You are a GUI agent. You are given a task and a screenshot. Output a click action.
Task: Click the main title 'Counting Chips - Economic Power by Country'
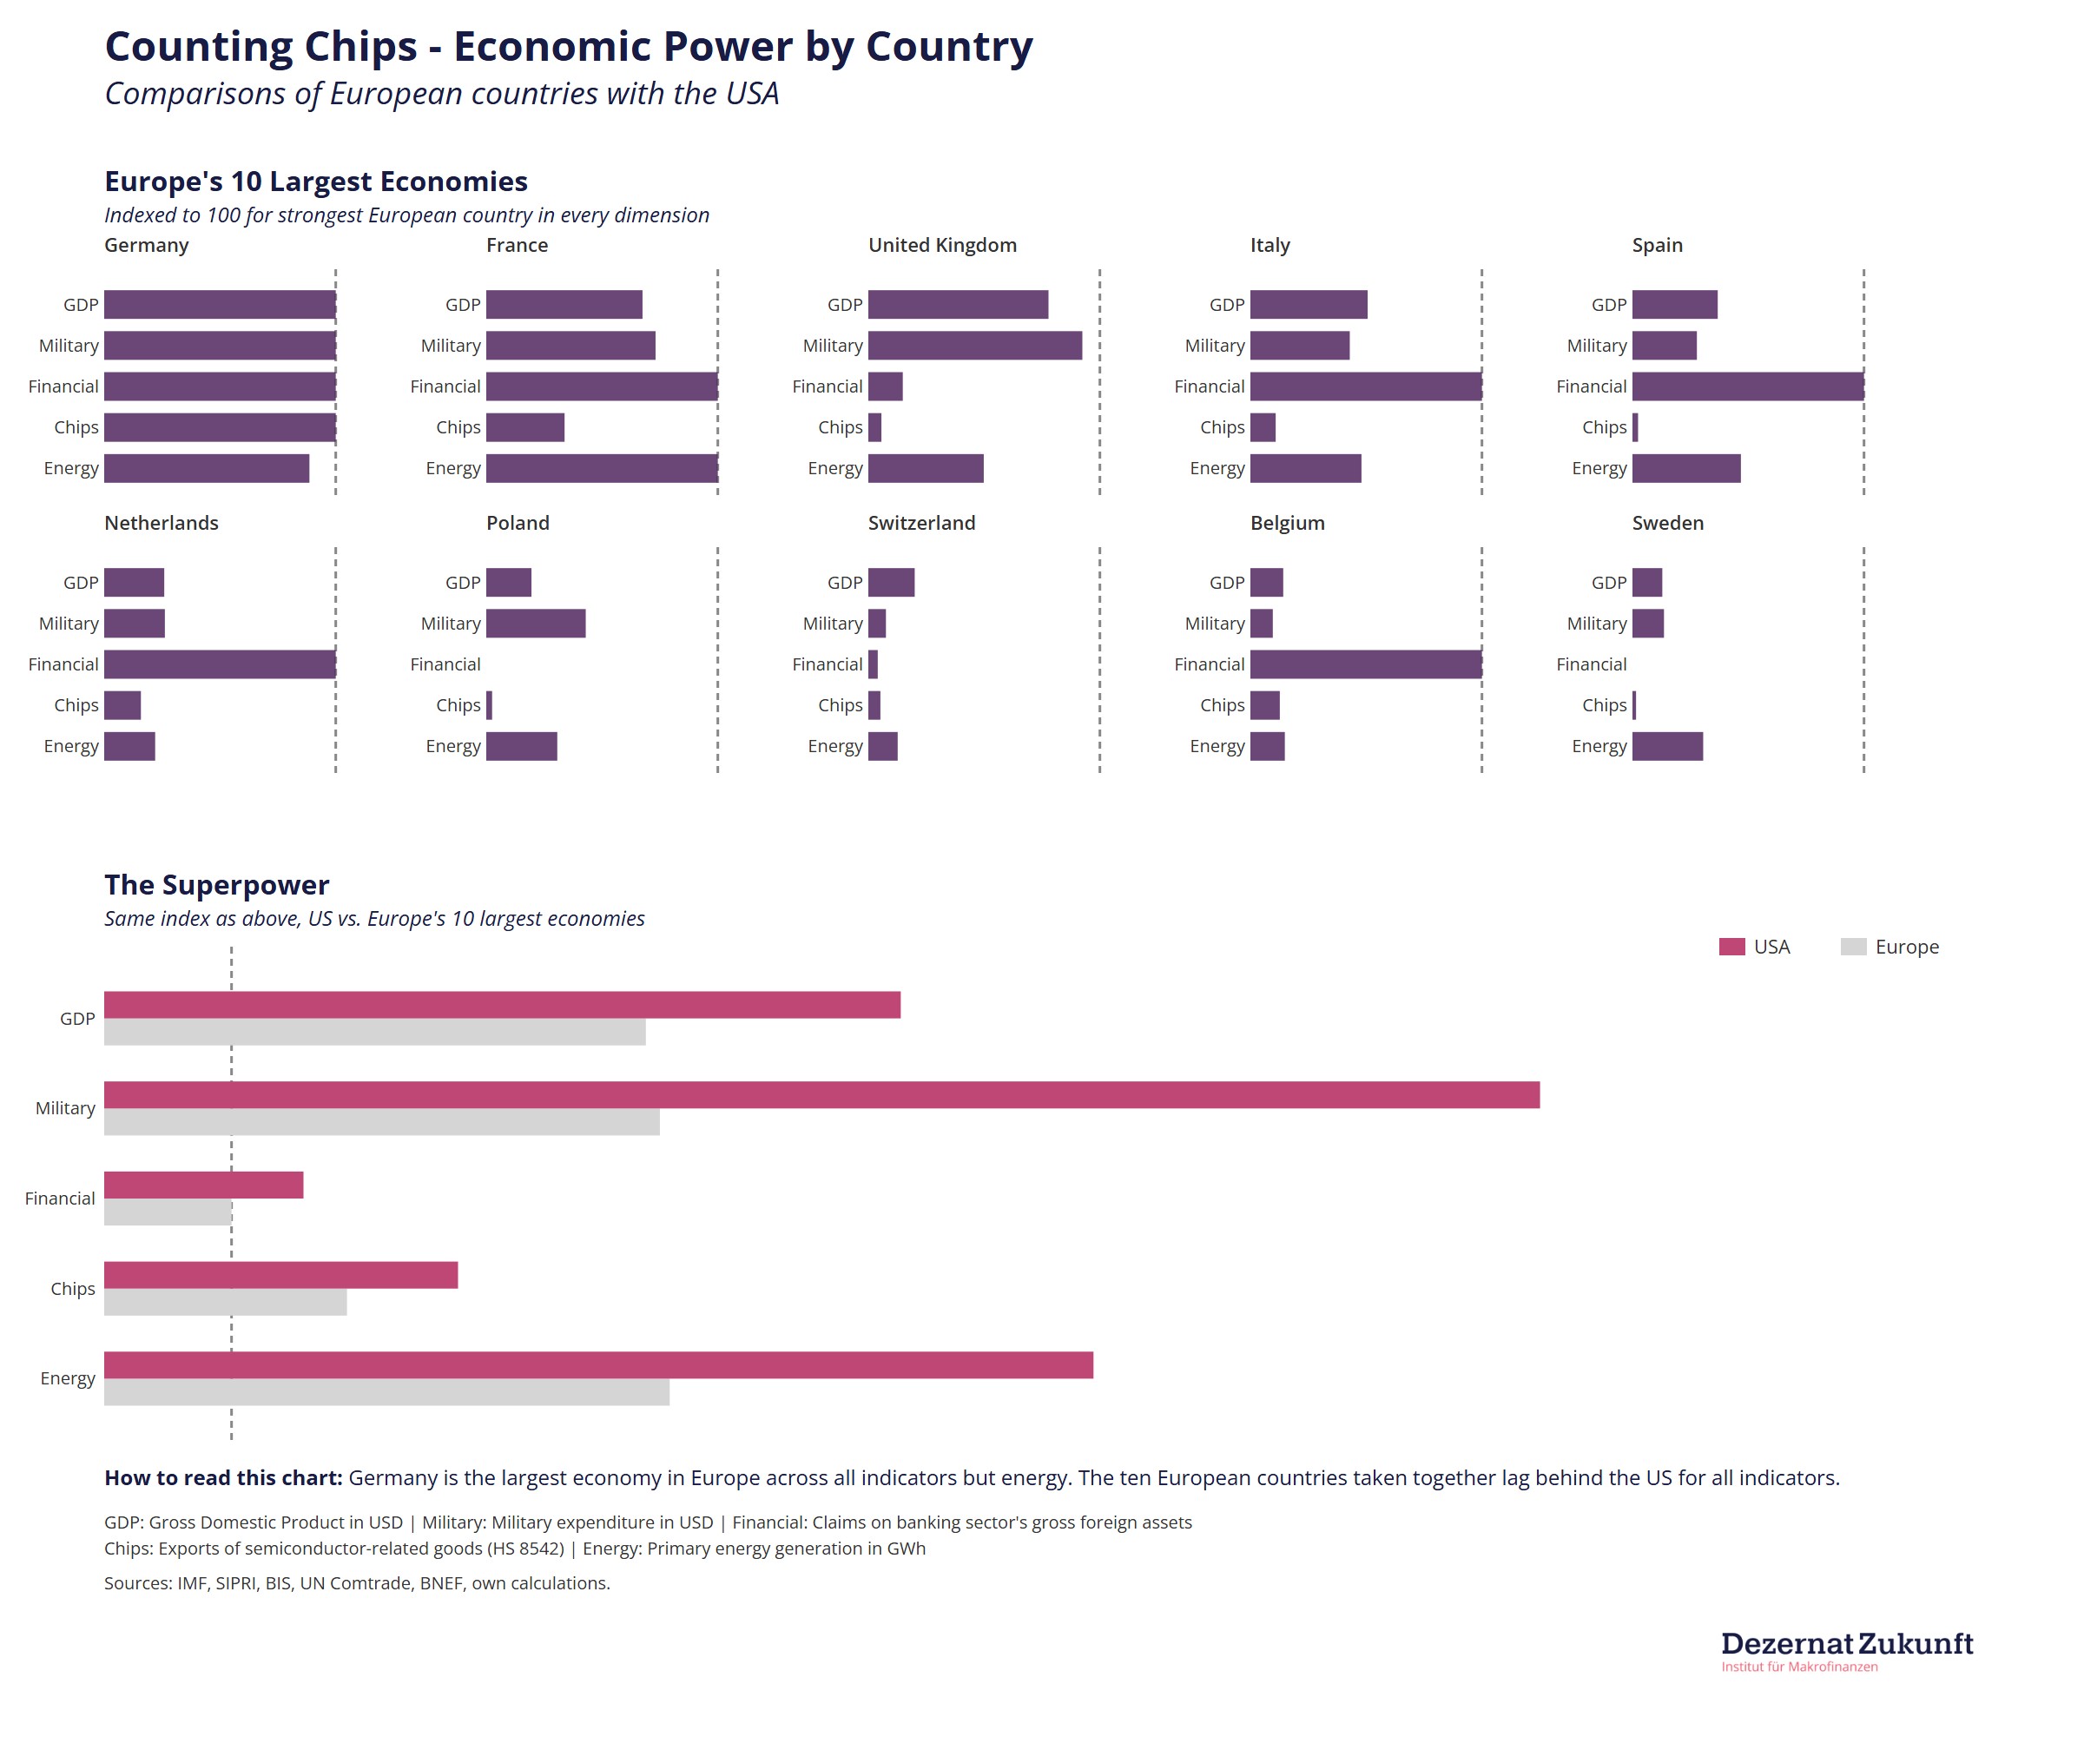tap(569, 47)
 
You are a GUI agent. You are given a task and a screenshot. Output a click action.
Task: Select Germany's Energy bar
tap(207, 468)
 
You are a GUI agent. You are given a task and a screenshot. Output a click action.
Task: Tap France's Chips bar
tap(525, 428)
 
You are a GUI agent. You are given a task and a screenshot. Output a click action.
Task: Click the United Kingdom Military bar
tap(974, 346)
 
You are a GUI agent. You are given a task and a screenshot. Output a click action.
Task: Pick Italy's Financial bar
tap(1366, 386)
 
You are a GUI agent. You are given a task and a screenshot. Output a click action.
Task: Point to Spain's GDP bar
tap(1674, 305)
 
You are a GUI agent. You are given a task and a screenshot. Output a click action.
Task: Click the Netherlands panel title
tap(162, 523)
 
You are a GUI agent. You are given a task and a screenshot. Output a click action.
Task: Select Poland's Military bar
tap(536, 624)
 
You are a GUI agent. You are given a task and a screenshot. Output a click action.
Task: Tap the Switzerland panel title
tap(921, 523)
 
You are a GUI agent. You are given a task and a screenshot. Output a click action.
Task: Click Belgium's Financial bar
tap(1366, 664)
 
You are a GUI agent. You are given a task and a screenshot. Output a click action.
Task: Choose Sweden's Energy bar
tap(1667, 746)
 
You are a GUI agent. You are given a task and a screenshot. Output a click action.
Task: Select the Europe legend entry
tap(1889, 947)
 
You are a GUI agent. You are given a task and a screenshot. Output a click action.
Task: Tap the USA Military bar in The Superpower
tap(821, 1095)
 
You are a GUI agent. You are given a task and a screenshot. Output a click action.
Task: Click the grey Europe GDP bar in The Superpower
tap(375, 1033)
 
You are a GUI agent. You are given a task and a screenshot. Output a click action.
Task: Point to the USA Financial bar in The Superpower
tap(203, 1186)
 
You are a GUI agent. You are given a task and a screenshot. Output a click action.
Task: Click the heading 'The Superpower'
tap(216, 884)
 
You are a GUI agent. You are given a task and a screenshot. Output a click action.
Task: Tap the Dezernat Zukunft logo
tap(1847, 1651)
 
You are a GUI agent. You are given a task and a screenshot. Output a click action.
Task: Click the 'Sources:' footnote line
tap(357, 1583)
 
